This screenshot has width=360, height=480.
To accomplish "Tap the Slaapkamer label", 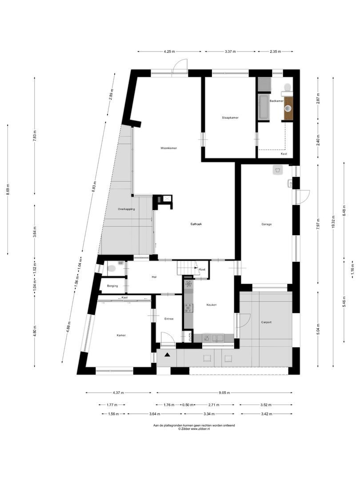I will click(x=230, y=118).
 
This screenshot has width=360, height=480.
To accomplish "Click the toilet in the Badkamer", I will click(x=288, y=86).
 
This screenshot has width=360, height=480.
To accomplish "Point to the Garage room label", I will click(x=266, y=224).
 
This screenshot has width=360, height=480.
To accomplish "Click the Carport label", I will click(x=267, y=322).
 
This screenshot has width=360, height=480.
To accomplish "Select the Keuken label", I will click(x=211, y=304).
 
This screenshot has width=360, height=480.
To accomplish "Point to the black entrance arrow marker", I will click(x=167, y=354).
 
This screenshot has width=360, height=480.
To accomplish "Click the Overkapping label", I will click(x=126, y=209).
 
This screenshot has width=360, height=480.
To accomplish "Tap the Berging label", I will click(x=112, y=286).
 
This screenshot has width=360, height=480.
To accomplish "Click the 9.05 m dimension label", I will click(x=224, y=392).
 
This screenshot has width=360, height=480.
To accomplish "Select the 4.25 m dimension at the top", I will click(x=168, y=52).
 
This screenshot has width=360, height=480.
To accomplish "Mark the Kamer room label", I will click(x=121, y=335).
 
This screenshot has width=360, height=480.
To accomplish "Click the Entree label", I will click(x=168, y=319).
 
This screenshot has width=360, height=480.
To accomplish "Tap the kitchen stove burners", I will click(x=188, y=307).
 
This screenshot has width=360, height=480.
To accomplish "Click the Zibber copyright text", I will click(x=194, y=429).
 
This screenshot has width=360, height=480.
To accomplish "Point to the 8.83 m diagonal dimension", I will click(x=94, y=187).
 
